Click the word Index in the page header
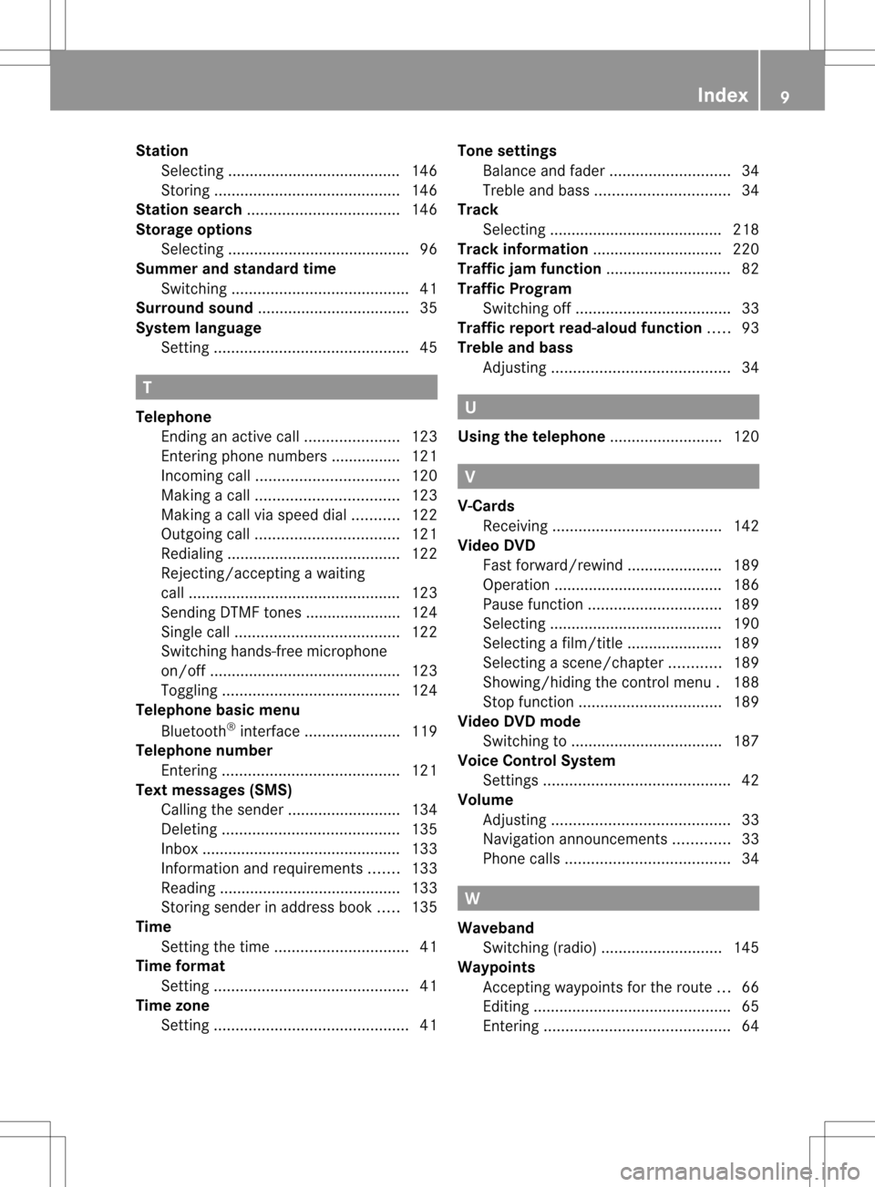pyautogui.click(x=722, y=95)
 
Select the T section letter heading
pyautogui.click(x=147, y=387)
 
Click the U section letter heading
pyautogui.click(x=470, y=408)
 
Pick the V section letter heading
pyautogui.click(x=470, y=477)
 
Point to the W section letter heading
pyautogui.click(x=472, y=899)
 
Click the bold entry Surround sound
pyautogui.click(x=194, y=308)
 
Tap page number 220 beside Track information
pyautogui.click(x=746, y=249)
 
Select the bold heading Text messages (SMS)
pyautogui.click(x=214, y=790)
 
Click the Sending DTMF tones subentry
pyautogui.click(x=231, y=613)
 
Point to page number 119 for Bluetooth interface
pyautogui.click(x=424, y=731)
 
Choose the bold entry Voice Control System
pyautogui.click(x=536, y=760)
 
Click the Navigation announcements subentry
pyautogui.click(x=575, y=839)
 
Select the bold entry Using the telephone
pyautogui.click(x=531, y=437)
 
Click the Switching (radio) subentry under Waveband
pyautogui.click(x=540, y=948)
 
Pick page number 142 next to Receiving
pyautogui.click(x=746, y=526)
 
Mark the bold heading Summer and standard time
pyautogui.click(x=236, y=269)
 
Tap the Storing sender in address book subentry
pyautogui.click(x=266, y=907)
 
